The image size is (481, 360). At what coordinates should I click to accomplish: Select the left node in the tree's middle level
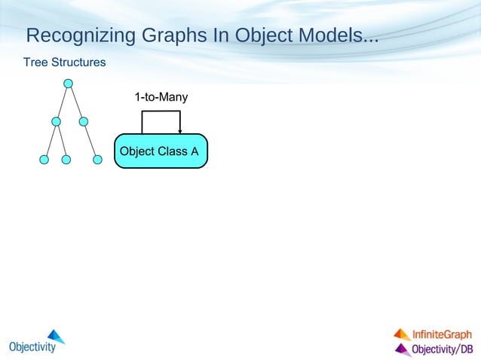tap(56, 121)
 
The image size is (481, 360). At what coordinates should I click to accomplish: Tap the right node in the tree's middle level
tap(84, 121)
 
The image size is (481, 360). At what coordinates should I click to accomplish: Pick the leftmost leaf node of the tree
tap(44, 160)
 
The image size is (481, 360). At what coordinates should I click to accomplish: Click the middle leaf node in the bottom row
tap(66, 160)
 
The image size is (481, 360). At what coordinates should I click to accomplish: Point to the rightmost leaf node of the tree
tap(97, 160)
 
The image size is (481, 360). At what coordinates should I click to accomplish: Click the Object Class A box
tap(160, 151)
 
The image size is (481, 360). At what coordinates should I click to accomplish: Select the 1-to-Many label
tap(161, 97)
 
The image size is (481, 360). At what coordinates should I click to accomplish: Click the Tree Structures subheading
tap(64, 62)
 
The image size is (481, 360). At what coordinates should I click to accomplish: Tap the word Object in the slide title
tap(263, 35)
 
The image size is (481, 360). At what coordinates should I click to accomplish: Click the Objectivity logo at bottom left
tap(37, 342)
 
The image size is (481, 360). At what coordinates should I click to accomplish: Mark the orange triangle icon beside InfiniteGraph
tap(402, 334)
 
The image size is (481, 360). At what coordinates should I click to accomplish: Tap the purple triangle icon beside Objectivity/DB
tap(402, 349)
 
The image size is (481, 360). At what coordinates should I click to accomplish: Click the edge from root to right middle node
tap(76, 102)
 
